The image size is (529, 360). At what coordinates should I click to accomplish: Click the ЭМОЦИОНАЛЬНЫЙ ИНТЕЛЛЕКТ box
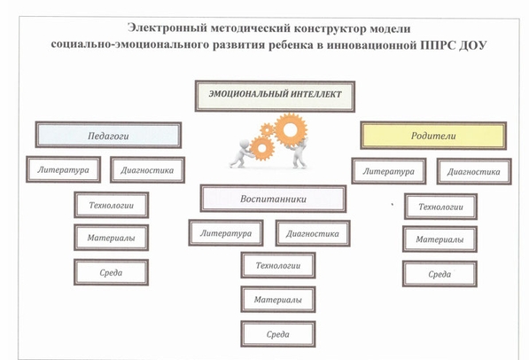point(275,97)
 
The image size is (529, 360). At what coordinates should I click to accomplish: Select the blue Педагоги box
point(108,135)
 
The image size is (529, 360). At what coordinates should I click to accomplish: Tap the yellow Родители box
point(433,136)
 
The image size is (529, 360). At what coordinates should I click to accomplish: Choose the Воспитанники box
point(273,199)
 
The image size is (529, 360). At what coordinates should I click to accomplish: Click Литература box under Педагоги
point(64,169)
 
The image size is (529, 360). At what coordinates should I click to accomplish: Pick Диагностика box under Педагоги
point(147,170)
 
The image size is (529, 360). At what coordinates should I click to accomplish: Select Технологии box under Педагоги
point(112,205)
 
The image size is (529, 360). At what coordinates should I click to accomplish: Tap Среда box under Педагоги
point(111,272)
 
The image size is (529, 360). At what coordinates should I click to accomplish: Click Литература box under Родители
point(389,171)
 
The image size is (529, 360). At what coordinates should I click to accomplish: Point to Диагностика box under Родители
point(474,171)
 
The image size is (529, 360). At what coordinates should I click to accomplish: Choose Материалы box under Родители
point(440,239)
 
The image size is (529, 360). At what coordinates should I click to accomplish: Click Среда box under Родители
point(440,274)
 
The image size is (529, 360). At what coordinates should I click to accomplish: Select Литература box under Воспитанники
point(226,232)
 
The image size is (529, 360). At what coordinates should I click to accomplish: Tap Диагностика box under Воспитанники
point(313,233)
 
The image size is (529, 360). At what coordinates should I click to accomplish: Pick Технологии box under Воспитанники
point(278,265)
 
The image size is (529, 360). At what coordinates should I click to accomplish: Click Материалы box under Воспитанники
point(278,300)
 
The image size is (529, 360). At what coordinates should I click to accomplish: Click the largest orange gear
point(291,130)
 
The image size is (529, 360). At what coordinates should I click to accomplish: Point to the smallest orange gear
point(268,129)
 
